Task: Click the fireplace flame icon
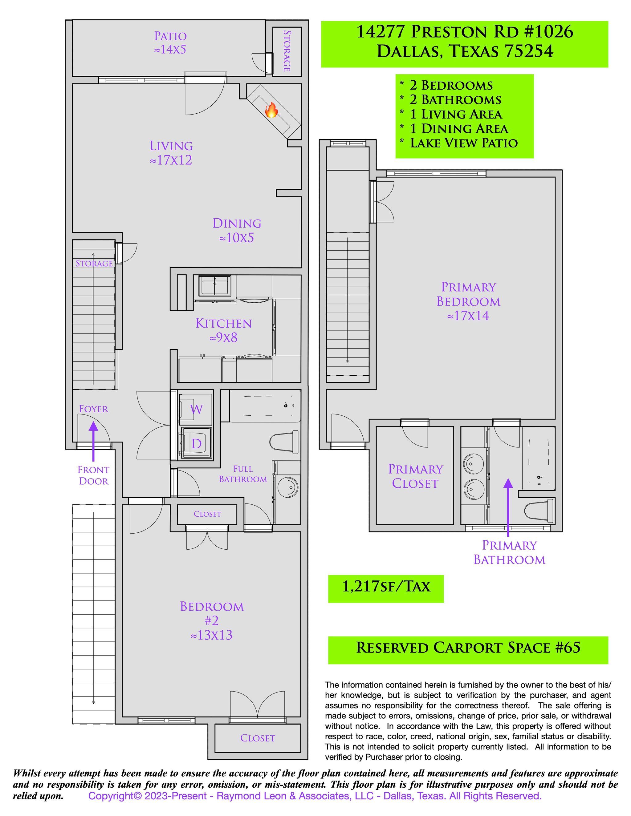pyautogui.click(x=271, y=110)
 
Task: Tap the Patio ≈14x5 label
pyautogui.click(x=170, y=43)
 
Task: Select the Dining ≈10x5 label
pyautogui.click(x=237, y=230)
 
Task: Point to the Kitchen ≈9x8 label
pyautogui.click(x=224, y=330)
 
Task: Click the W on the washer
pyautogui.click(x=197, y=409)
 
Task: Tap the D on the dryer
pyautogui.click(x=197, y=444)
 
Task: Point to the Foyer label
pyautogui.click(x=93, y=409)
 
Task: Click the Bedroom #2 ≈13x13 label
pyautogui.click(x=212, y=621)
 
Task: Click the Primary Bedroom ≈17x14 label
pyautogui.click(x=468, y=301)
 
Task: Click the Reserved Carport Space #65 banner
pyautogui.click(x=468, y=648)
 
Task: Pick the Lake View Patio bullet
pyautogui.click(x=463, y=143)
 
